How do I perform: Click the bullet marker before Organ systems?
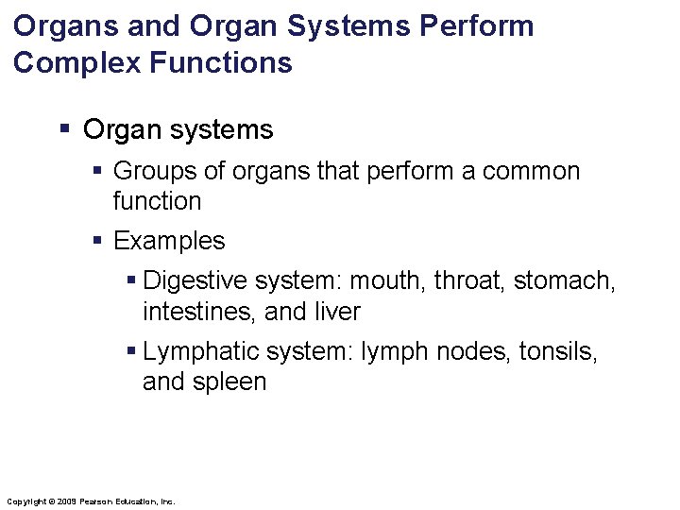click(x=63, y=129)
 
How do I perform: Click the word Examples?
click(x=169, y=241)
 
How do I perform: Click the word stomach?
click(x=565, y=281)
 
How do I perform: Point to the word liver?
click(x=336, y=312)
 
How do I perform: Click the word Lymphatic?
click(x=200, y=352)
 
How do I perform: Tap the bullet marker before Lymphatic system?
click(x=131, y=351)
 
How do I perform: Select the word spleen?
click(x=232, y=382)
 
